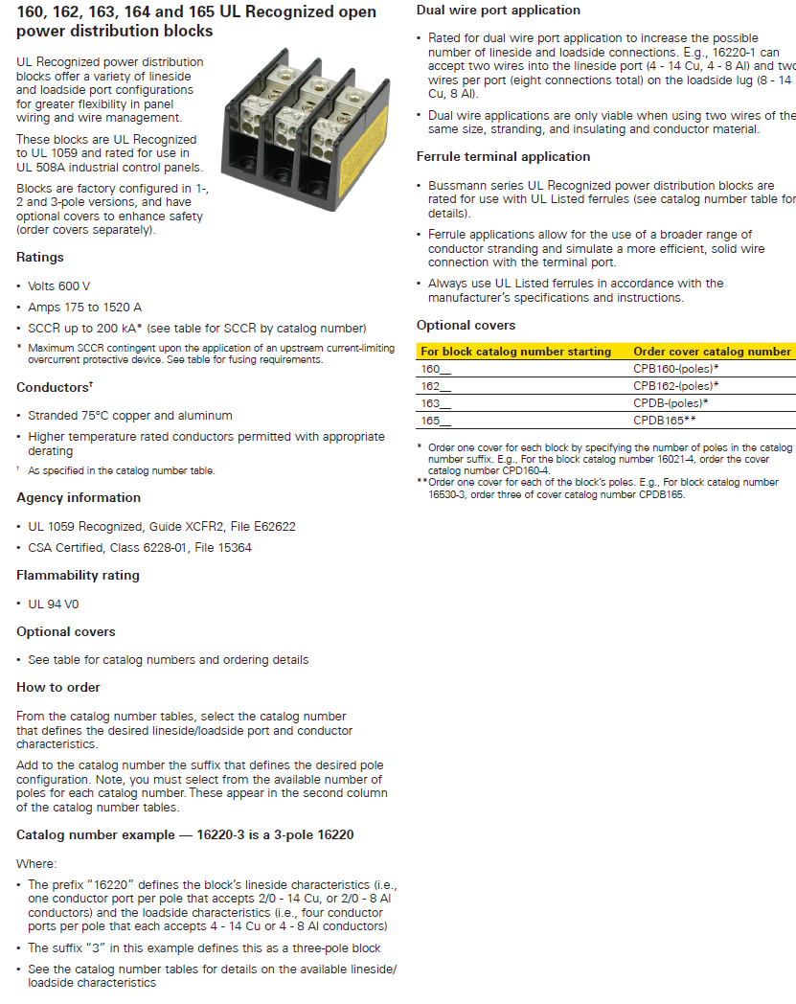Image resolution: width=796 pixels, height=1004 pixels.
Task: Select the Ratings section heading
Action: (x=40, y=257)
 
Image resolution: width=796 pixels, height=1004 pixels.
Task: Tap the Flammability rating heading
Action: (x=78, y=575)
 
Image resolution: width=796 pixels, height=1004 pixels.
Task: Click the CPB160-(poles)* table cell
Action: (x=675, y=368)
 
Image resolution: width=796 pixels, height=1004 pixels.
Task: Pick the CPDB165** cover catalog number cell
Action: (x=664, y=420)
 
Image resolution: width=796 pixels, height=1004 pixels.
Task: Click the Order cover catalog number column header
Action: (x=712, y=352)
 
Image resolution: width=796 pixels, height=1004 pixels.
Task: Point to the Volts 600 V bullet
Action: (x=59, y=285)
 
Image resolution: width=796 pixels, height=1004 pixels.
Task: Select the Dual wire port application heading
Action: (x=498, y=11)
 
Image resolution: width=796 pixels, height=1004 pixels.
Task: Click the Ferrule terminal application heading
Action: (x=503, y=156)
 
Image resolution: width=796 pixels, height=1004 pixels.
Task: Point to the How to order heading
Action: (x=58, y=687)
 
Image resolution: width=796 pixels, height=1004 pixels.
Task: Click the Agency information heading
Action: (x=79, y=497)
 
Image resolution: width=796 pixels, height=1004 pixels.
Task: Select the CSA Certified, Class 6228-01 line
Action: (x=140, y=547)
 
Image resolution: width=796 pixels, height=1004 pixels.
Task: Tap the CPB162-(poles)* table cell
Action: (x=675, y=385)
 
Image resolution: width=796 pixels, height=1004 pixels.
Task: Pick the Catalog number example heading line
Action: (x=185, y=834)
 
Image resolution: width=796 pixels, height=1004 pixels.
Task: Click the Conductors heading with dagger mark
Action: (x=55, y=387)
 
